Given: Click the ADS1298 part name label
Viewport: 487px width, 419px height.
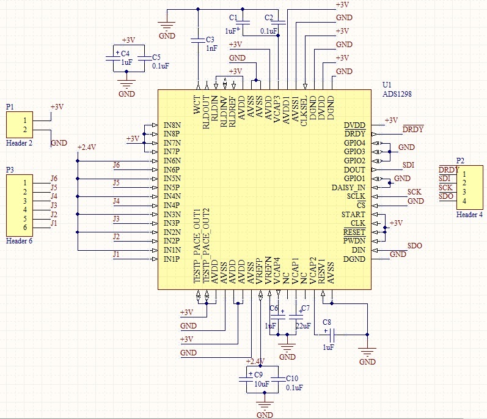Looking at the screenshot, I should [397, 94].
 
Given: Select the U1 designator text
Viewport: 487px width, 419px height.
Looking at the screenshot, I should [387, 85].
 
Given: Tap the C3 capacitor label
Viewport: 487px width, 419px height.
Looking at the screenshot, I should [211, 38].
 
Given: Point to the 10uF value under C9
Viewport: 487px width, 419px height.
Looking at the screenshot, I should [262, 384].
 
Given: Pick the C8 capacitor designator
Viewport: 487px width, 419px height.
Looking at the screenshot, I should [327, 322].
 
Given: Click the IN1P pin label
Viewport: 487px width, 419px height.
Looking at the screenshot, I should [172, 259].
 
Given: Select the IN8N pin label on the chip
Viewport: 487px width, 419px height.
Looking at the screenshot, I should [172, 124].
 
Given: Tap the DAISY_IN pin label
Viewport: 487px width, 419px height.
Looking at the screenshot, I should [348, 187].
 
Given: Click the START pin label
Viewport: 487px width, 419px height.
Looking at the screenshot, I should [354, 214].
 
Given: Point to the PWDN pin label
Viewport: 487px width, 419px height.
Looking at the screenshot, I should [354, 241].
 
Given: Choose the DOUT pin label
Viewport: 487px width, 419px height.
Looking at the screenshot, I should [355, 169].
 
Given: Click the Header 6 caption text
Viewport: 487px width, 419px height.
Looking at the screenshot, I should [19, 241].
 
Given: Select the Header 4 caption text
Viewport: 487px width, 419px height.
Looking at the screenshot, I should [469, 215].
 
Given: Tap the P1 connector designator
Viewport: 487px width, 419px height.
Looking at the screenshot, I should [10, 106].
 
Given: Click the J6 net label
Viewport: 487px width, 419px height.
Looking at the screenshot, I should [116, 165].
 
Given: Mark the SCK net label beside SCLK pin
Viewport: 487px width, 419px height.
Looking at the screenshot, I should [414, 192].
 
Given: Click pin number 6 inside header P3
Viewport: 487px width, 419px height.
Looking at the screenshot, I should [25, 228].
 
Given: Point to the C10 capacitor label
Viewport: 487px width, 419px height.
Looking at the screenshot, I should [293, 379].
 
